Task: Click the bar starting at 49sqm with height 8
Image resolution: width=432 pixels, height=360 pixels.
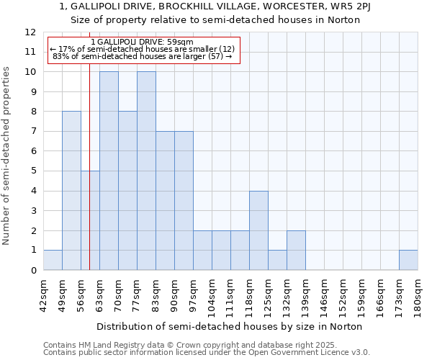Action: point(71,191)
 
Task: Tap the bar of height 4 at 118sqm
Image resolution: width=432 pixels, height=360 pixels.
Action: point(258,230)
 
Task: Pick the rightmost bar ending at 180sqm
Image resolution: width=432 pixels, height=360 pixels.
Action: point(408,260)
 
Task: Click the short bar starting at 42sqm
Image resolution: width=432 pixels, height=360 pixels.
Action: point(53,260)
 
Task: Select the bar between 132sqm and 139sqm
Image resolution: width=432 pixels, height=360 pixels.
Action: point(296,251)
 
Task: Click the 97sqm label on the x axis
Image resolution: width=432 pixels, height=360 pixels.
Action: point(193,293)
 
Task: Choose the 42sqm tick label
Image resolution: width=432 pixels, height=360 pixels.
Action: point(43,293)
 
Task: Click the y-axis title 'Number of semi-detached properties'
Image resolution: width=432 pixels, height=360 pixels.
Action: point(7,155)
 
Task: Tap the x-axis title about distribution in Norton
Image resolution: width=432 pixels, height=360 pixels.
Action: point(229,326)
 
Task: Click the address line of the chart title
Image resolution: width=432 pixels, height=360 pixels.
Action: point(215,6)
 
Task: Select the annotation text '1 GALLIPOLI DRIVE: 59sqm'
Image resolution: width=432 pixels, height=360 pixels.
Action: point(143,42)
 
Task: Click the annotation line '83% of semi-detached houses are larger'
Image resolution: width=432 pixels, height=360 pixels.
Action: point(143,56)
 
